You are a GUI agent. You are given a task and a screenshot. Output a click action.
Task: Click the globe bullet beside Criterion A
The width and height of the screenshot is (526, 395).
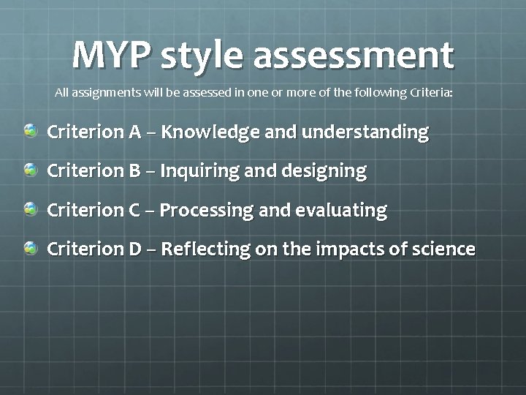pyautogui.click(x=31, y=132)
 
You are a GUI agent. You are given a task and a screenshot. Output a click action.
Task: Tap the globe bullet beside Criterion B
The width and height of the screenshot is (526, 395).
pyautogui.click(x=31, y=170)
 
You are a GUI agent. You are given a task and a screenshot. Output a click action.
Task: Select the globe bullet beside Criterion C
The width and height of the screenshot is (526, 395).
pyautogui.click(x=31, y=210)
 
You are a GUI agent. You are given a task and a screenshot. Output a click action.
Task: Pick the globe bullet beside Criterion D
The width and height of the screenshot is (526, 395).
pyautogui.click(x=31, y=249)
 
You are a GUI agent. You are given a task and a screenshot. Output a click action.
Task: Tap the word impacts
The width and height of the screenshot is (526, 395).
pyautogui.click(x=349, y=250)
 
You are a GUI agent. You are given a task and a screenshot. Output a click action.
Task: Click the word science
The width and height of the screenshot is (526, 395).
pyautogui.click(x=440, y=249)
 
